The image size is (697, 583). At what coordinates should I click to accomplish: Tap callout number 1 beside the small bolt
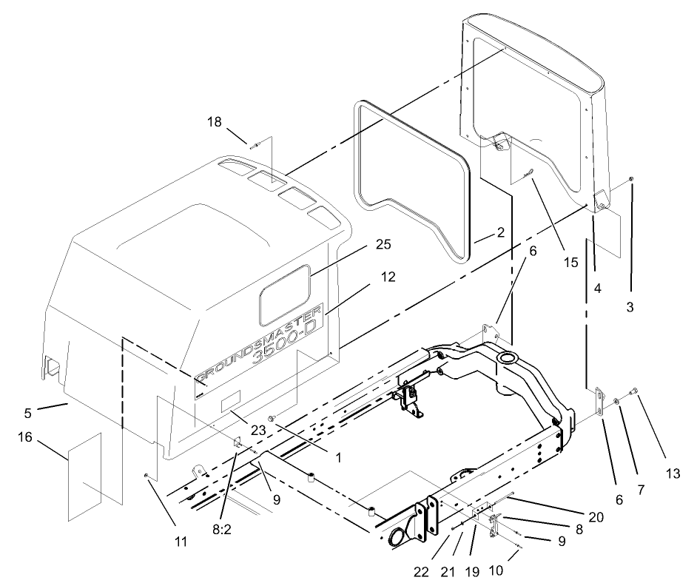337,458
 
